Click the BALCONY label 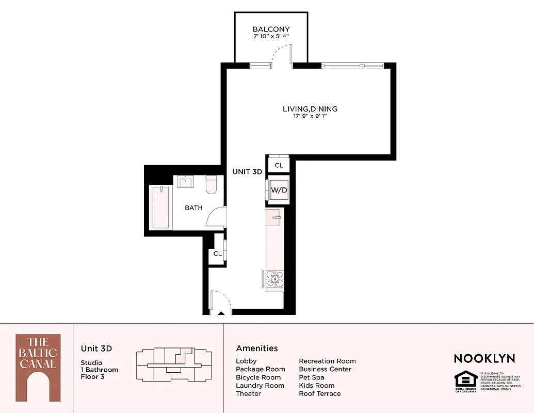coord(271,29)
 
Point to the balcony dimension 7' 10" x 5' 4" coord(271,37)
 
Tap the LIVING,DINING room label coord(310,109)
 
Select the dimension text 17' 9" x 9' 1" coord(310,117)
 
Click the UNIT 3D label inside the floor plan coord(247,172)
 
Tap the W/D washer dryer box coord(279,190)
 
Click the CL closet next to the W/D coord(279,165)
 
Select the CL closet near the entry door coord(217,253)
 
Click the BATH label coord(193,208)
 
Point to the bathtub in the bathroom coord(160,208)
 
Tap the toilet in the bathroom coord(211,185)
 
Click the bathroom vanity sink coord(186,182)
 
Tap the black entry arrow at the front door coord(221,312)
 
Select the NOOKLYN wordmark coord(484,358)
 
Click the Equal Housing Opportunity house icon coord(465,381)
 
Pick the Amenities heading coord(257,348)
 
